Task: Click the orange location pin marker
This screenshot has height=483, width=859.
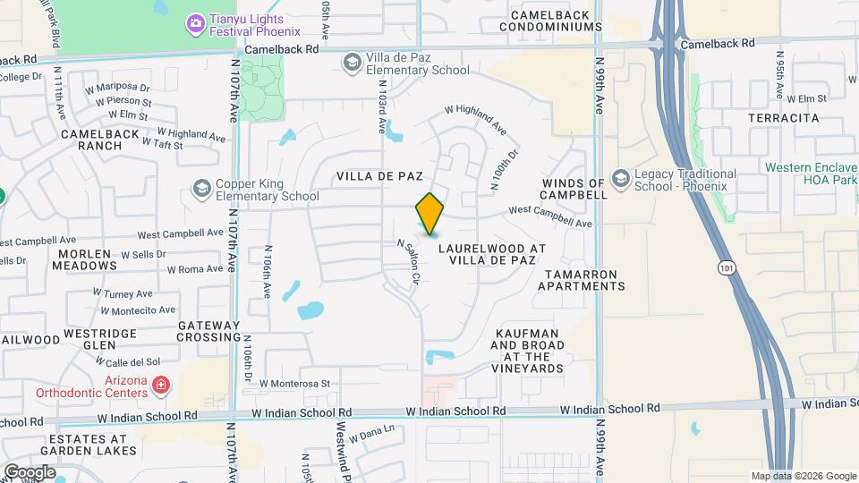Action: pyautogui.click(x=430, y=213)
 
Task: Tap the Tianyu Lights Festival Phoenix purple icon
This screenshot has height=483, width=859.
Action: pyautogui.click(x=194, y=21)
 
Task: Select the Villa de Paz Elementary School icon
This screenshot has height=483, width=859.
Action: pyautogui.click(x=352, y=62)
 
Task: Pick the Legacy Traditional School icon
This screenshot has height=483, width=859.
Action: pyautogui.click(x=619, y=179)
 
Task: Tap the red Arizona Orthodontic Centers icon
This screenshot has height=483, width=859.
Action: pyautogui.click(x=160, y=386)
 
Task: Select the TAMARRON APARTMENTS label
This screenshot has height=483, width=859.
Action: pyautogui.click(x=582, y=279)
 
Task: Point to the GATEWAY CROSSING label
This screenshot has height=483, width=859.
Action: pyautogui.click(x=208, y=331)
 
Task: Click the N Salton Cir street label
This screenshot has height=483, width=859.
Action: pyautogui.click(x=407, y=261)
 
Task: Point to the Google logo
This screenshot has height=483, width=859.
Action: pyautogui.click(x=30, y=471)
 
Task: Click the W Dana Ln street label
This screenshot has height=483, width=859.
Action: pyautogui.click(x=372, y=434)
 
